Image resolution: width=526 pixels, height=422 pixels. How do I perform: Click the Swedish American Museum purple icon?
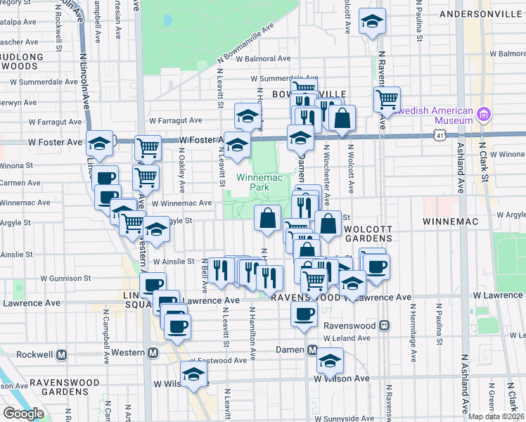[483, 114]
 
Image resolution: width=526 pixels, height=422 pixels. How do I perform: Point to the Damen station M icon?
[313, 350]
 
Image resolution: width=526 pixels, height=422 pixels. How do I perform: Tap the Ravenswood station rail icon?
[385, 326]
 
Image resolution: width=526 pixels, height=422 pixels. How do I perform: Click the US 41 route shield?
[439, 132]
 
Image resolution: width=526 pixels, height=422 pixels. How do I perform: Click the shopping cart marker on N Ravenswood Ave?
[387, 99]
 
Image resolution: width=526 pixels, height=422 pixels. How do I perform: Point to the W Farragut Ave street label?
[170, 121]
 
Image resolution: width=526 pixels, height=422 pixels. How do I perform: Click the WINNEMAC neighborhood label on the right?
[450, 222]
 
